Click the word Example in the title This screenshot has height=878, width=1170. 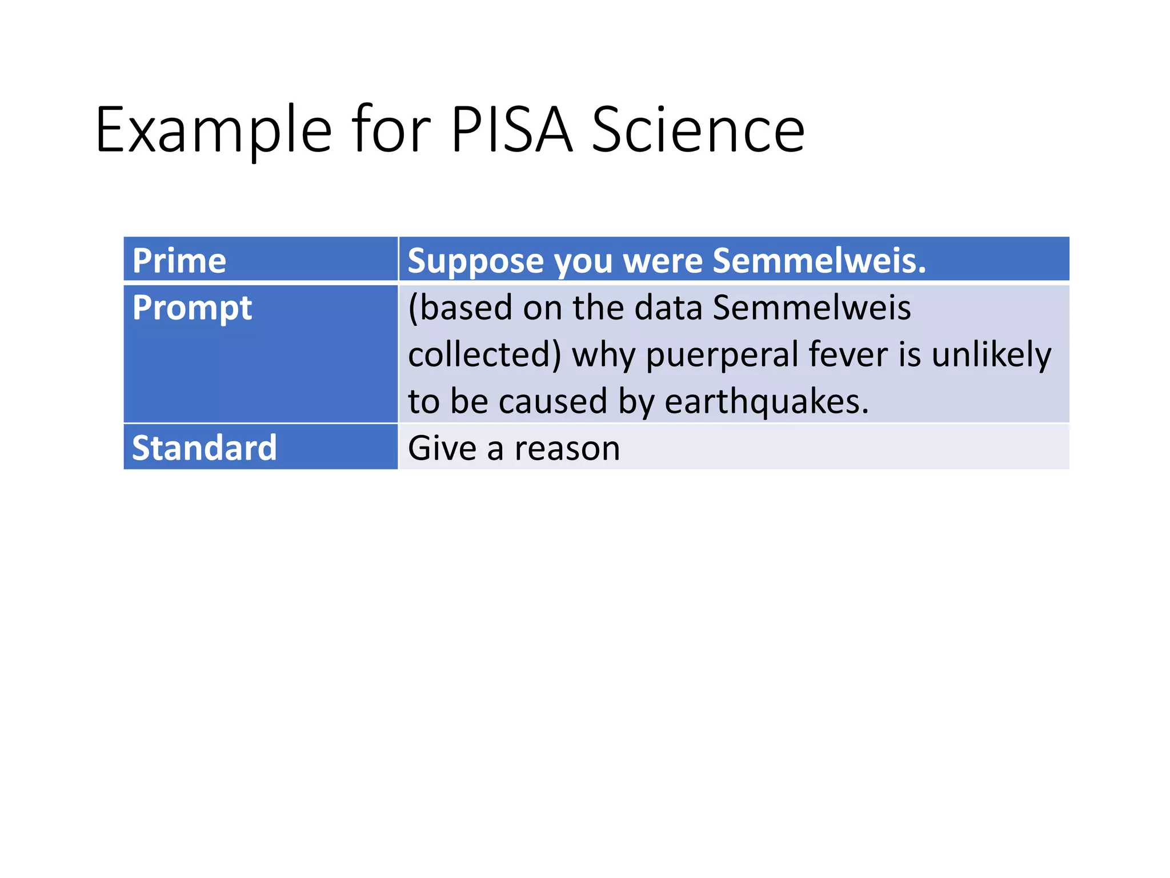[213, 130]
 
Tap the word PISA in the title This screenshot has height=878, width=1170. [511, 130]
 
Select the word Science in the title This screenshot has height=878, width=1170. [698, 130]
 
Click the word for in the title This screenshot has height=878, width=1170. [391, 130]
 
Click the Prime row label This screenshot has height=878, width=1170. [179, 261]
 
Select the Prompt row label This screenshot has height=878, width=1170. [192, 309]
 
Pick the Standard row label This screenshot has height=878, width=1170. [204, 448]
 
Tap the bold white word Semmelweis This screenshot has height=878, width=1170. [819, 261]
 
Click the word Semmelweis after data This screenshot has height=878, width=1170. [811, 308]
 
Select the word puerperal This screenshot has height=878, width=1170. [722, 355]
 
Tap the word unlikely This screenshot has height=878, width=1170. [991, 355]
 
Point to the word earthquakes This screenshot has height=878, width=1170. [766, 402]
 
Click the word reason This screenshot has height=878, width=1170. [567, 448]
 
